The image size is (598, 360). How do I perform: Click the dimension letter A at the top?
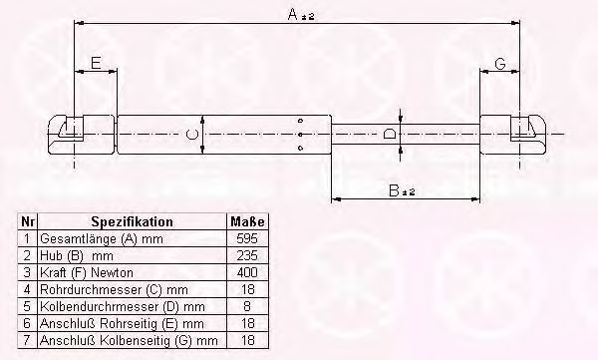[292, 14]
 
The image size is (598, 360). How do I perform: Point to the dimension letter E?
[96, 63]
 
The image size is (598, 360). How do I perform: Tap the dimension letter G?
[500, 64]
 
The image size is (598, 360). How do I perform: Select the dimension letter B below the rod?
[394, 190]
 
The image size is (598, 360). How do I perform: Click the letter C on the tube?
[191, 135]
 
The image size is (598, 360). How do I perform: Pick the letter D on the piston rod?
[389, 135]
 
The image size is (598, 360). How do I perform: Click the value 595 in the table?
[247, 238]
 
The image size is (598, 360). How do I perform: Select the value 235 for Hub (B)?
[247, 255]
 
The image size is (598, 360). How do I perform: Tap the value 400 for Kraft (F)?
[247, 272]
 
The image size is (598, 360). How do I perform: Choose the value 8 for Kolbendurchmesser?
[247, 306]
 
